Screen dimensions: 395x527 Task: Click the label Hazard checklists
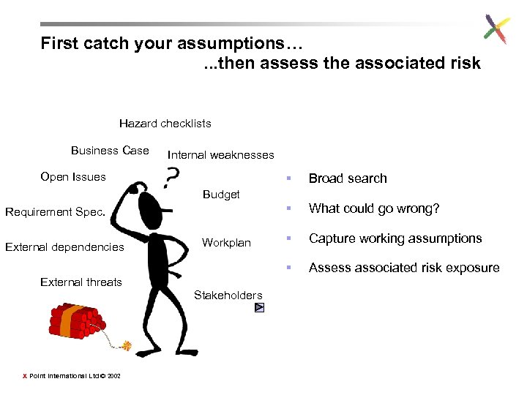(x=165, y=124)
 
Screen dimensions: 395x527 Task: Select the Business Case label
(x=110, y=151)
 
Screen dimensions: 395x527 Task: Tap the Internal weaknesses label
(x=220, y=155)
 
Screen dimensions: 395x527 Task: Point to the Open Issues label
(x=73, y=177)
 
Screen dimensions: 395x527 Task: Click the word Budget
(x=221, y=195)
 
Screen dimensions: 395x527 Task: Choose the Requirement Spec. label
(x=55, y=212)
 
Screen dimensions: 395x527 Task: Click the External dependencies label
(x=64, y=247)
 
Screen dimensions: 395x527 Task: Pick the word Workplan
(x=226, y=243)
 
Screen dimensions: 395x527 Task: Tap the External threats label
(x=81, y=282)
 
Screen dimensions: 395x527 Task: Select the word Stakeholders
(x=228, y=296)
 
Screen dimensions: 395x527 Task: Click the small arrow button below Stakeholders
(x=259, y=308)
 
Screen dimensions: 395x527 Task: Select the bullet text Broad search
(x=348, y=178)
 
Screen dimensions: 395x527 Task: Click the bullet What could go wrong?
(x=374, y=208)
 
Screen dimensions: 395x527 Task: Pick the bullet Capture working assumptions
(x=395, y=238)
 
